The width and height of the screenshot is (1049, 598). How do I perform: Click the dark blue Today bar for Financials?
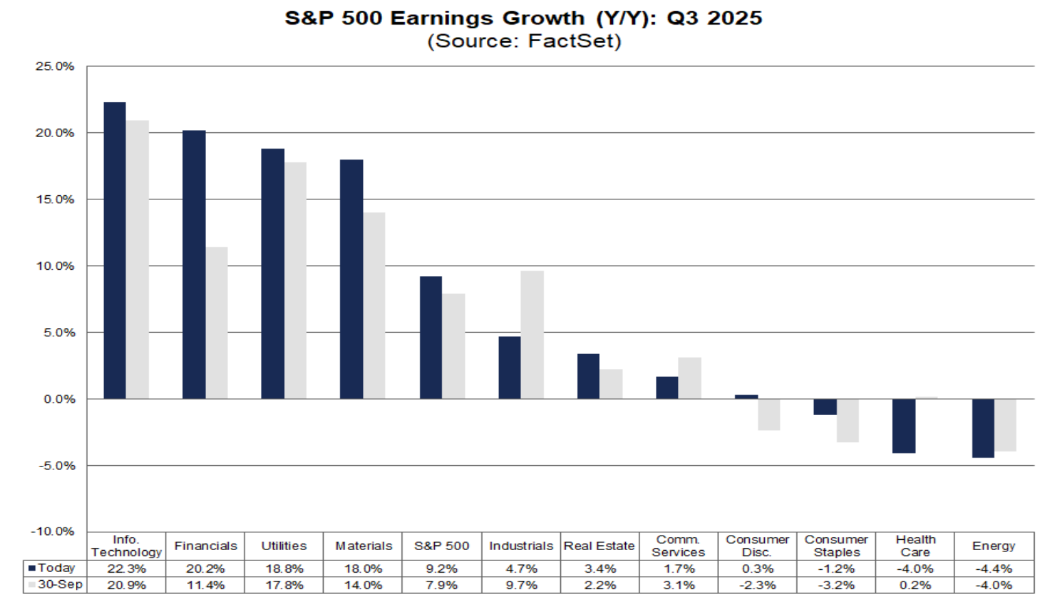point(194,264)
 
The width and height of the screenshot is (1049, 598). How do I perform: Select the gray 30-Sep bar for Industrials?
point(532,335)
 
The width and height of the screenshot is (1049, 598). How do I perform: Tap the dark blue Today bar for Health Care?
point(904,425)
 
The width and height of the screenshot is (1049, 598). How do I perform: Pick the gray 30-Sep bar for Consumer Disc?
point(769,414)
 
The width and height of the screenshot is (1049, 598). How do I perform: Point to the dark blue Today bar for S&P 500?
point(431,338)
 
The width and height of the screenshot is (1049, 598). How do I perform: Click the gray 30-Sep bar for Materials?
point(374,306)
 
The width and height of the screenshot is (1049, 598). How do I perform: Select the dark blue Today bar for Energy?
point(983,428)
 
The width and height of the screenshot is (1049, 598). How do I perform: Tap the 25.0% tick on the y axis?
point(55,66)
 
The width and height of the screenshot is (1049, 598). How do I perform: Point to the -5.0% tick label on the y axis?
point(55,466)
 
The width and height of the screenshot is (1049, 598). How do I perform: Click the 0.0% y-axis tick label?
point(58,399)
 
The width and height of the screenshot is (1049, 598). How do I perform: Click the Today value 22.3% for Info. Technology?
point(127,569)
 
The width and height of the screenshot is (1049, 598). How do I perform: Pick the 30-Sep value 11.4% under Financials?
point(205,585)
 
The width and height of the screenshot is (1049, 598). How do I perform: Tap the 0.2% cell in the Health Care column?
point(915,585)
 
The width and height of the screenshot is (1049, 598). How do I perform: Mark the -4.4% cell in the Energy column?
point(994,569)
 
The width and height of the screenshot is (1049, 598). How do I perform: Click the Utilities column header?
point(284,546)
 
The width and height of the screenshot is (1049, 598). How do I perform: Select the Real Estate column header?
point(599,546)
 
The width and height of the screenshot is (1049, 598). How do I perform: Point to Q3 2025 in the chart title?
point(714,18)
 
